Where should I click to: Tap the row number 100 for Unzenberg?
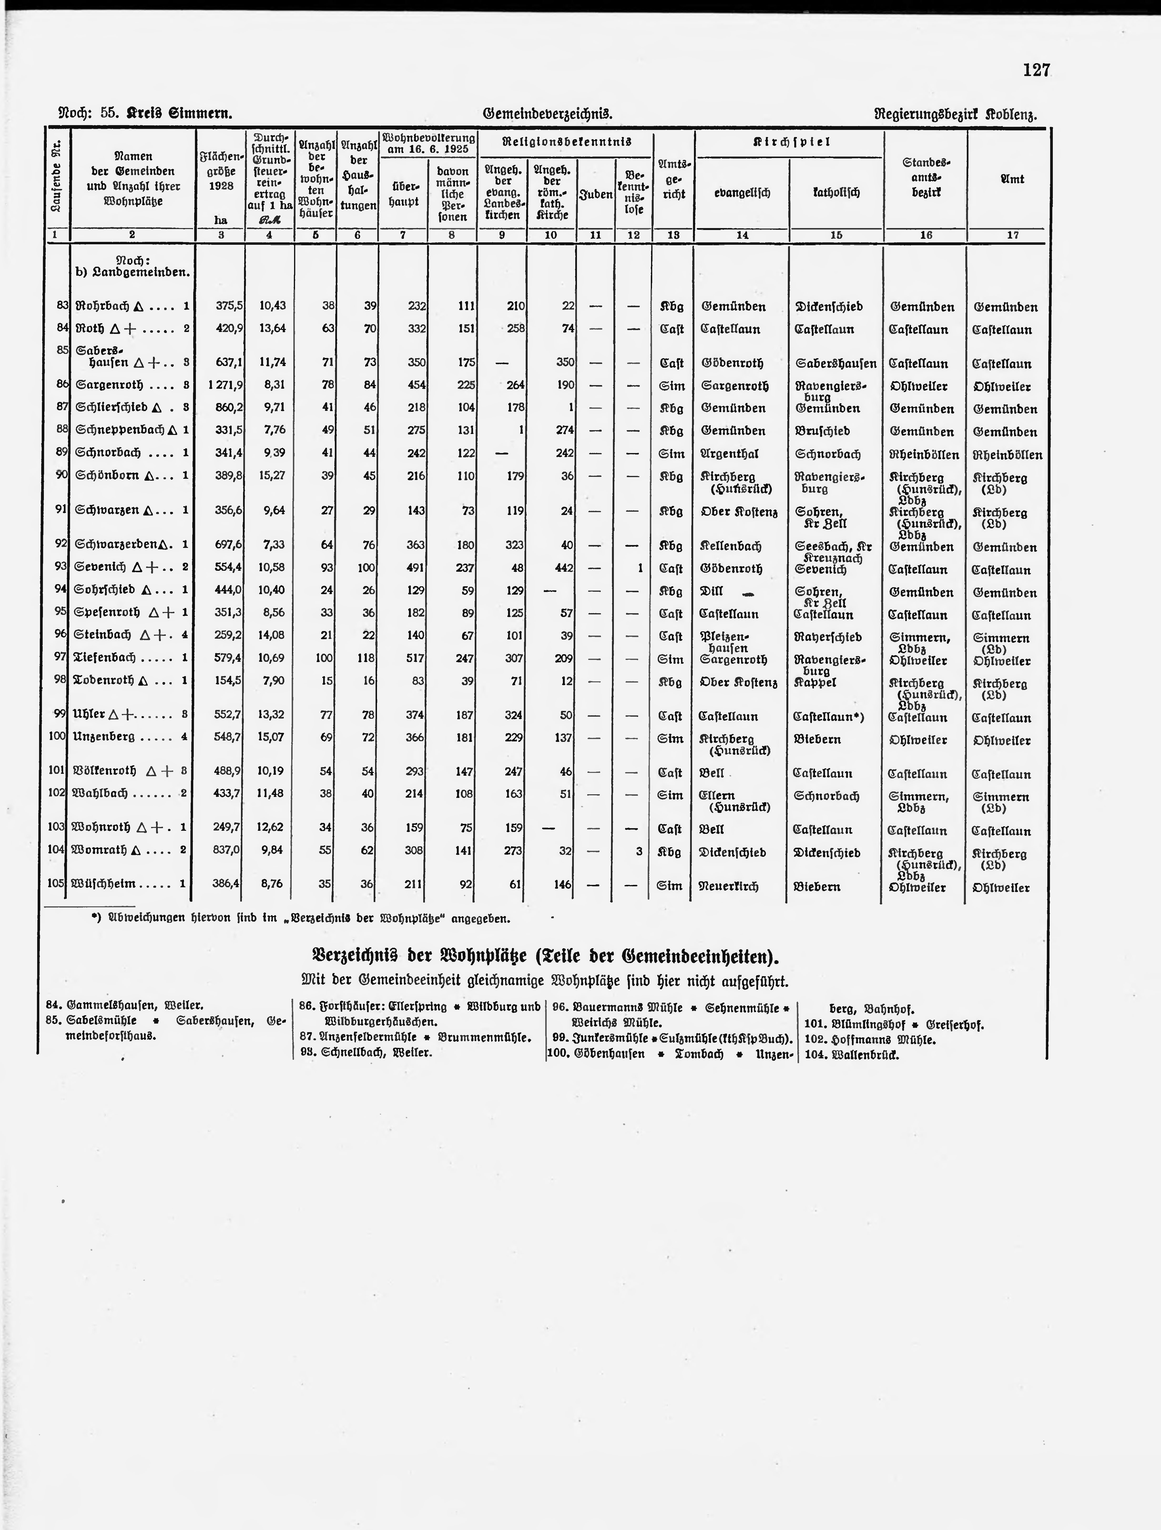(x=57, y=737)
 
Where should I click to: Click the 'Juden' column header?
(x=595, y=194)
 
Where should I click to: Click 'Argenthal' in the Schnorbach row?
(x=729, y=454)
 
